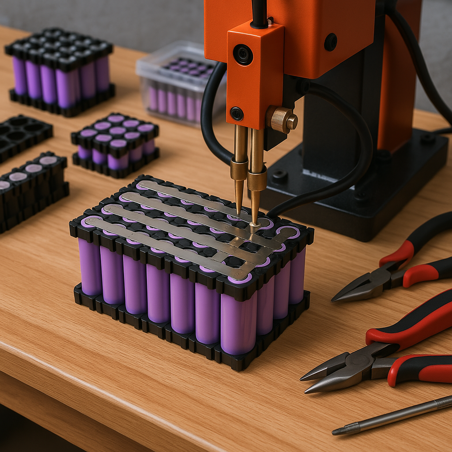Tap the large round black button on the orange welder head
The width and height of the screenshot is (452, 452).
[x=243, y=55]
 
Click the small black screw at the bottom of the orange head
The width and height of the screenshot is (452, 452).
[x=237, y=113]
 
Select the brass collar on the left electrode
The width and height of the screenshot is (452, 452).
[x=239, y=169]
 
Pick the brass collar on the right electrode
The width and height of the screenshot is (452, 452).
[x=257, y=180]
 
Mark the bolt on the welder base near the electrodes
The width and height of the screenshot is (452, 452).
[x=279, y=177]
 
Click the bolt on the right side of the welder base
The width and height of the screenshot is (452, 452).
[x=427, y=138]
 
